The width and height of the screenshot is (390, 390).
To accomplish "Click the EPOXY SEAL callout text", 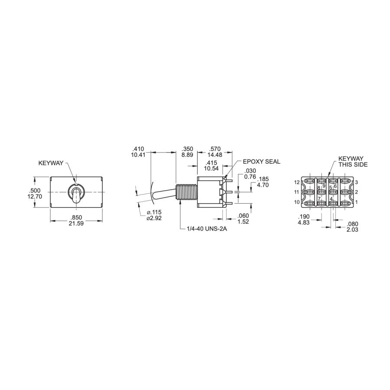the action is tap(261, 162).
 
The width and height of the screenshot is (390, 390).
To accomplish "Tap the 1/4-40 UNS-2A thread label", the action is tap(207, 229).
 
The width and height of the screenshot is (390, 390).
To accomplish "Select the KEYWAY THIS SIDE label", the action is tap(353, 162).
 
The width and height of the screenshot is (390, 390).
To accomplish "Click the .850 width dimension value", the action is tap(76, 218).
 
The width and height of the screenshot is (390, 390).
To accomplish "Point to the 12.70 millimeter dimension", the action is tap(35, 196).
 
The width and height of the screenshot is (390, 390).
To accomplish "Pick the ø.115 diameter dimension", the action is tap(154, 212).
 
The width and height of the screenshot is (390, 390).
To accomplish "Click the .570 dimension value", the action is tap(215, 149).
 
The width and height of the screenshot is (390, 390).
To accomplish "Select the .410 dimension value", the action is tap(138, 149).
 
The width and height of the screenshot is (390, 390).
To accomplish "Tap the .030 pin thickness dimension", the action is tap(250, 171).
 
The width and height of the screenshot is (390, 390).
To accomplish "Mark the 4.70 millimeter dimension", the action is tap(263, 185).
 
